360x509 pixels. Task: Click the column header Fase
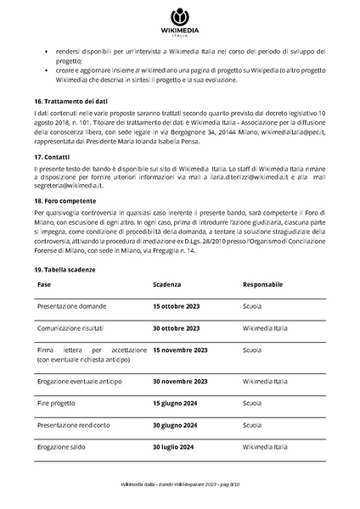pyautogui.click(x=44, y=285)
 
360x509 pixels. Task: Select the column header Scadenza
pyautogui.click(x=166, y=285)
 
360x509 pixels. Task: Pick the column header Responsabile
pyautogui.click(x=262, y=285)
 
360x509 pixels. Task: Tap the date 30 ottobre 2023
pyautogui.click(x=176, y=327)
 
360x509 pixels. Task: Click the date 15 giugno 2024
pyautogui.click(x=175, y=404)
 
